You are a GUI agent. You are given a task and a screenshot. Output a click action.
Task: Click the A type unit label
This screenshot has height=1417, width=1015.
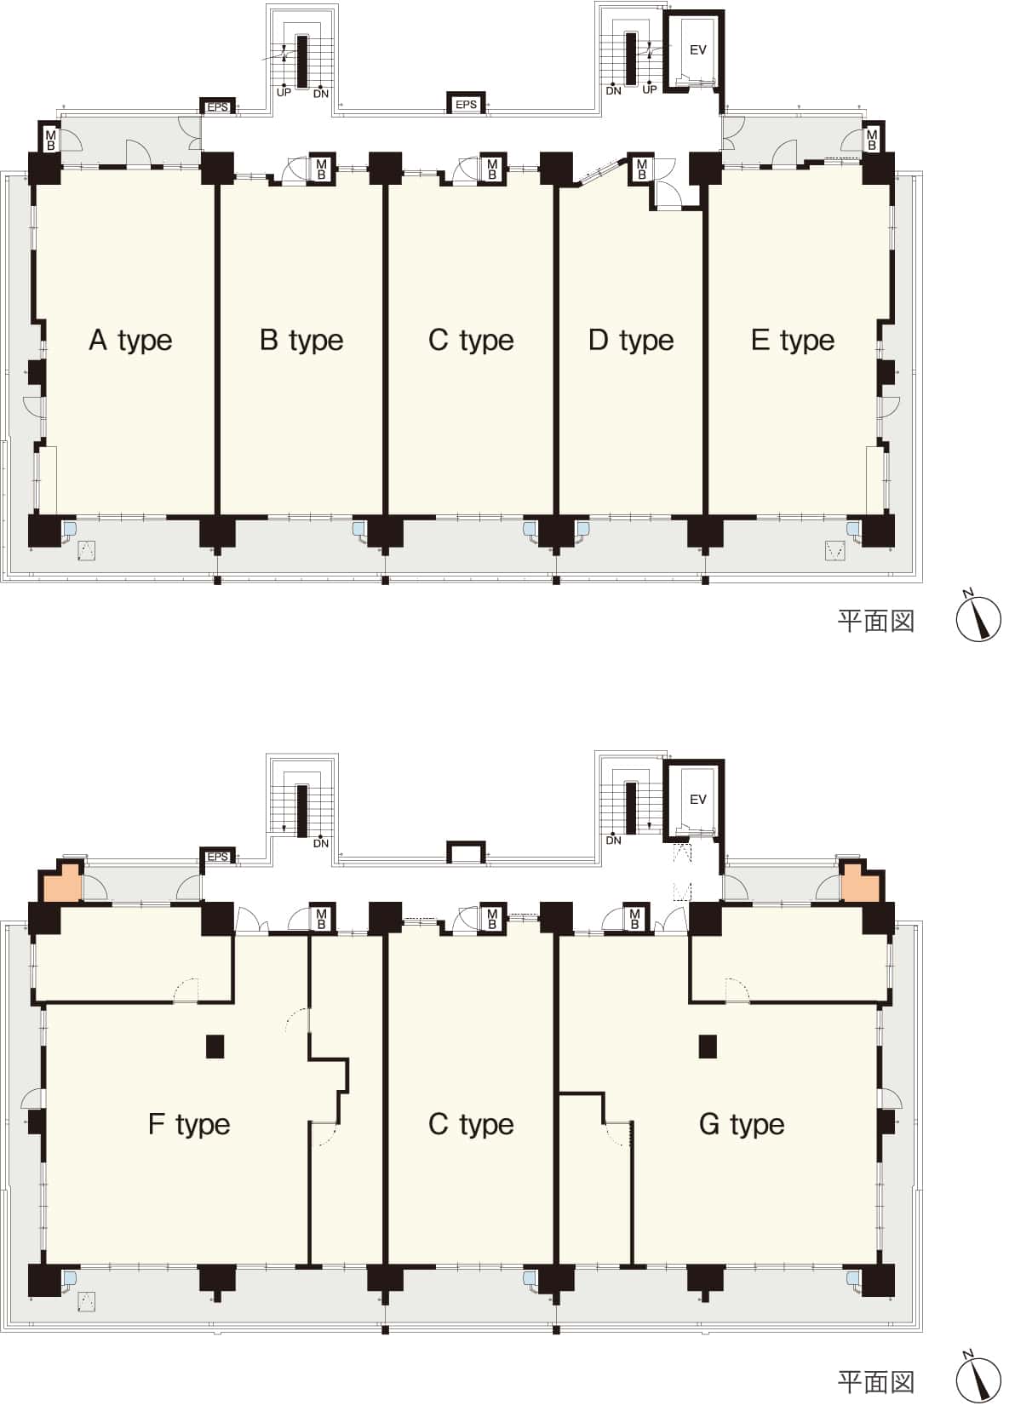click(x=130, y=341)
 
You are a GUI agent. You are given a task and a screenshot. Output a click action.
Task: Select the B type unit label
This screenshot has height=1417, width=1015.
click(x=301, y=341)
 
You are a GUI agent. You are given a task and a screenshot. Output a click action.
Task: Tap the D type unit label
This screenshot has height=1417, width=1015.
click(x=631, y=341)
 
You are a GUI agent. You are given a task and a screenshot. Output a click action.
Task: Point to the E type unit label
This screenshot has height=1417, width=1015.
click(x=793, y=341)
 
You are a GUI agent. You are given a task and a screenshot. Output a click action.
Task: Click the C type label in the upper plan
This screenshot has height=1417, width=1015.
click(x=471, y=341)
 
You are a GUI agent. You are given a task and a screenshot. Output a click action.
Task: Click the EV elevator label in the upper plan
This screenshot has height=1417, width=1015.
click(x=697, y=50)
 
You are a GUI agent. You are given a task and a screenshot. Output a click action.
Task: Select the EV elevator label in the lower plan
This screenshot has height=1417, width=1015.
click(x=697, y=800)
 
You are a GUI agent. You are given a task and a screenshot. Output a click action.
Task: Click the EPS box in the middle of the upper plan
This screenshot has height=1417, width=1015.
click(x=466, y=104)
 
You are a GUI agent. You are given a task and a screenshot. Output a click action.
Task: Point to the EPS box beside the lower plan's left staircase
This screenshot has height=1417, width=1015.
click(x=217, y=857)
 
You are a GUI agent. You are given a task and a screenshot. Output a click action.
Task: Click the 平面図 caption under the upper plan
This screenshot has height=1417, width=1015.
click(x=876, y=622)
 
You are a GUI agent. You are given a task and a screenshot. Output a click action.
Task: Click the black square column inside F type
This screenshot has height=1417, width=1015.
click(x=215, y=1046)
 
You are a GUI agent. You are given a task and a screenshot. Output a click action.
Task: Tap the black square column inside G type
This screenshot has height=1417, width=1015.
click(x=708, y=1046)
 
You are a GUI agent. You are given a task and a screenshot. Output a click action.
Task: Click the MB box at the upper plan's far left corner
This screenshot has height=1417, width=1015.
click(x=50, y=140)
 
